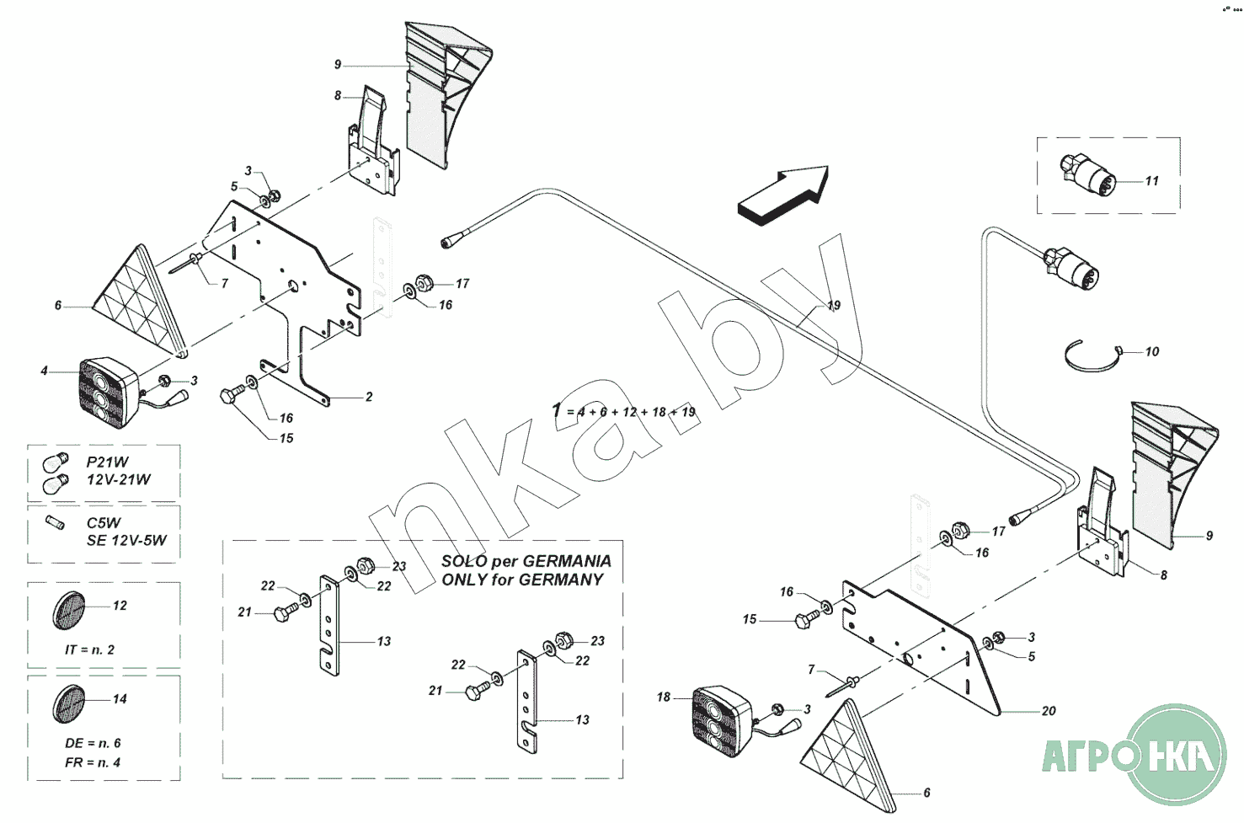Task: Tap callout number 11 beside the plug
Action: (x=1151, y=180)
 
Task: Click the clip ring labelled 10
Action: (x=1092, y=356)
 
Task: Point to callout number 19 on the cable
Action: (x=834, y=305)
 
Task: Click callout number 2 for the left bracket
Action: (x=369, y=397)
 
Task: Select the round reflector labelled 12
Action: (x=68, y=610)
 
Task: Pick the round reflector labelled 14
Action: (x=68, y=703)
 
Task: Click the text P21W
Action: (x=107, y=462)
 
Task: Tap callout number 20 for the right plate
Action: (x=1048, y=711)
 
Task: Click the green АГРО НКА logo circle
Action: (x=1177, y=754)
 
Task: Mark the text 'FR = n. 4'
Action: (x=93, y=762)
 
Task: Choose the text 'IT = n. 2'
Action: (x=89, y=649)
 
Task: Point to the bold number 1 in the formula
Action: (x=556, y=411)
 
